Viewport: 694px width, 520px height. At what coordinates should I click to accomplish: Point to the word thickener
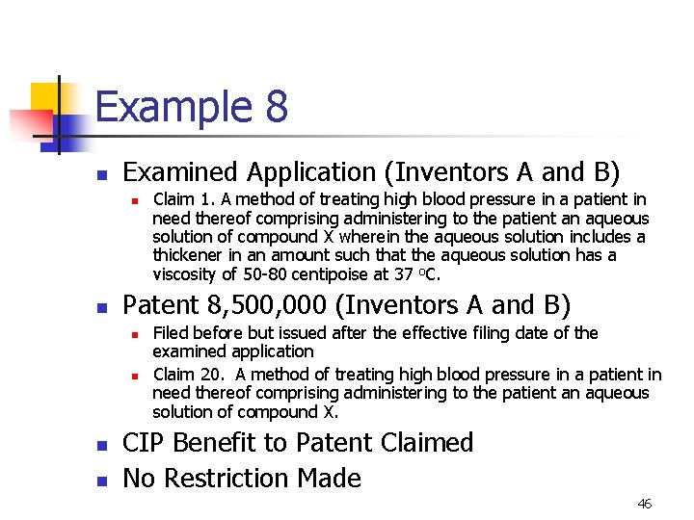click(189, 255)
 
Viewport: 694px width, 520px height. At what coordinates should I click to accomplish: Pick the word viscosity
click(184, 273)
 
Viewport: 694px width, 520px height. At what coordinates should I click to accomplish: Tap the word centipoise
click(328, 273)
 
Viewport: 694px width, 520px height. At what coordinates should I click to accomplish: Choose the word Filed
click(172, 333)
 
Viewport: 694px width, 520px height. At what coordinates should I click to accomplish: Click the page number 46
click(644, 504)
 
